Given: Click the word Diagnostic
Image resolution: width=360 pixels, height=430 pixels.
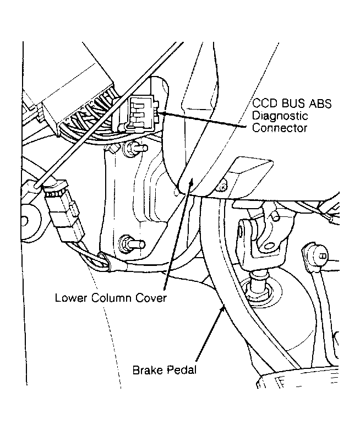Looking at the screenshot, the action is (280, 116).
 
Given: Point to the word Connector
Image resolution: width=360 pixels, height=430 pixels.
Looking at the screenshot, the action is (280, 128).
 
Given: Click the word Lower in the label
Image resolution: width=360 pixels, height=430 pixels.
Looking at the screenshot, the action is (72, 298).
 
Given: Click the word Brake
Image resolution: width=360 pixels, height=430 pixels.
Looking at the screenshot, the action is (148, 370).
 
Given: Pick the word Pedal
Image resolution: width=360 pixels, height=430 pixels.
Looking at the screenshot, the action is (182, 370).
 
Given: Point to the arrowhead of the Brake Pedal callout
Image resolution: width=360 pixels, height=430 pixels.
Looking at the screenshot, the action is (223, 309).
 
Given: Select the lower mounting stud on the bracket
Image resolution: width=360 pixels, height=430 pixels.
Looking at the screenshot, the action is (132, 243).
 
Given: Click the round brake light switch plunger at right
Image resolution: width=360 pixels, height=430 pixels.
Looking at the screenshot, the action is (314, 255).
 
